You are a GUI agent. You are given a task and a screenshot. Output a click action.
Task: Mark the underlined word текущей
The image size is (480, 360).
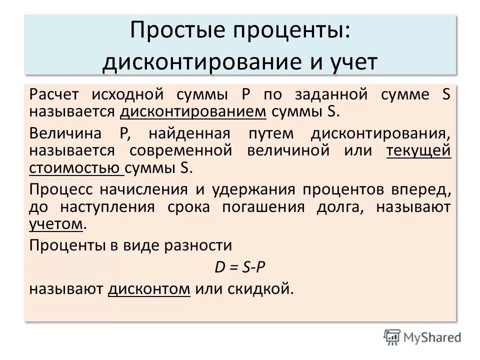[x=419, y=150]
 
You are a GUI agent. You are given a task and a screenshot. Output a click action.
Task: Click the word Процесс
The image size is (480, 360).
[x=56, y=190]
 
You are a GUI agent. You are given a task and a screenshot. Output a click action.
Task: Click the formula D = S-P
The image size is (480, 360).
[x=239, y=267]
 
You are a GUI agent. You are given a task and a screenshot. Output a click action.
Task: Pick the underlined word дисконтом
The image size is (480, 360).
[x=149, y=289]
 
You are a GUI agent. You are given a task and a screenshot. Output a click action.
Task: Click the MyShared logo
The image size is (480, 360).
[x=422, y=336]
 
